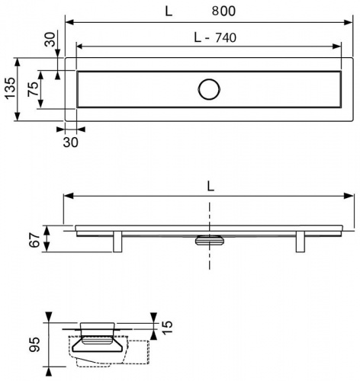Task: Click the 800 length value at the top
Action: [223, 11]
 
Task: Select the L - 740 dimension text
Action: [215, 37]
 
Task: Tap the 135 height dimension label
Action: [11, 88]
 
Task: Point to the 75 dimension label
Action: [33, 89]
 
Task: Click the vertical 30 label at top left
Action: [50, 40]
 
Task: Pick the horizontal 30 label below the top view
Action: [70, 142]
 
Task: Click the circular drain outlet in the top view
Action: [209, 89]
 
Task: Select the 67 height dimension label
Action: [34, 240]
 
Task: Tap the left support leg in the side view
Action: [117, 242]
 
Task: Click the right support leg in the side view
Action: [301, 242]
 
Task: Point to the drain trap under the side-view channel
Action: [210, 240]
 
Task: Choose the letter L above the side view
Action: [211, 187]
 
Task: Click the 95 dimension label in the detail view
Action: [34, 344]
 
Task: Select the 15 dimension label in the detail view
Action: [167, 328]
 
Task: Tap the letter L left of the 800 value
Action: [169, 11]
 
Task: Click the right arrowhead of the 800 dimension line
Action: [349, 22]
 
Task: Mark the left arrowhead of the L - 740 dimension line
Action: [80, 46]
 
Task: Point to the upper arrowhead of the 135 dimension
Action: [17, 62]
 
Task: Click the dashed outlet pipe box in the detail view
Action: [138, 352]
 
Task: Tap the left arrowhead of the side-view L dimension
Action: [68, 196]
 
